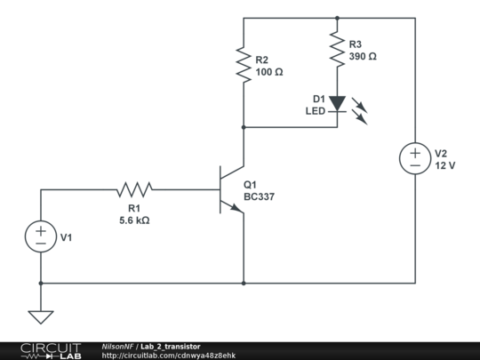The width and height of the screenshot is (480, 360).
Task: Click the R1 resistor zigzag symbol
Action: (x=134, y=190)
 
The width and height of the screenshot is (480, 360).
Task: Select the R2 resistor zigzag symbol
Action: (x=244, y=65)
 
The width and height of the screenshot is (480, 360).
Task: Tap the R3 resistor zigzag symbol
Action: (x=337, y=49)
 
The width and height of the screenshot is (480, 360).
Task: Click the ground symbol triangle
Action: (x=41, y=317)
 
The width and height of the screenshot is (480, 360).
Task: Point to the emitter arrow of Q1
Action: (x=236, y=208)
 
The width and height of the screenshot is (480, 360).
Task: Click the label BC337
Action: (x=259, y=196)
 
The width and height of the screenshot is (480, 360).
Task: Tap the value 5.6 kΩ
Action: (x=134, y=220)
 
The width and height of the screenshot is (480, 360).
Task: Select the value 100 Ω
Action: (x=269, y=72)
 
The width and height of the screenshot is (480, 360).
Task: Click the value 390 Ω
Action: (x=363, y=56)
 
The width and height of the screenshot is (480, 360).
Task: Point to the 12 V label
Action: (x=445, y=165)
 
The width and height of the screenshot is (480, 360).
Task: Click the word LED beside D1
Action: (x=316, y=111)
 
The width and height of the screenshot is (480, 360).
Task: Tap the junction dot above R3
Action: (x=337, y=18)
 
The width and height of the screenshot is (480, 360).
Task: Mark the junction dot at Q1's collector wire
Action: (x=244, y=127)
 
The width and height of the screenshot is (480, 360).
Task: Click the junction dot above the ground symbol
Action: (x=41, y=284)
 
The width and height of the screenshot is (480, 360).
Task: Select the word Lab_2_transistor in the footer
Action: (x=171, y=347)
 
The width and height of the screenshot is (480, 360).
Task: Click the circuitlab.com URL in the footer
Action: (x=169, y=356)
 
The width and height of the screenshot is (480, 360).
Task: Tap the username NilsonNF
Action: (x=117, y=347)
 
